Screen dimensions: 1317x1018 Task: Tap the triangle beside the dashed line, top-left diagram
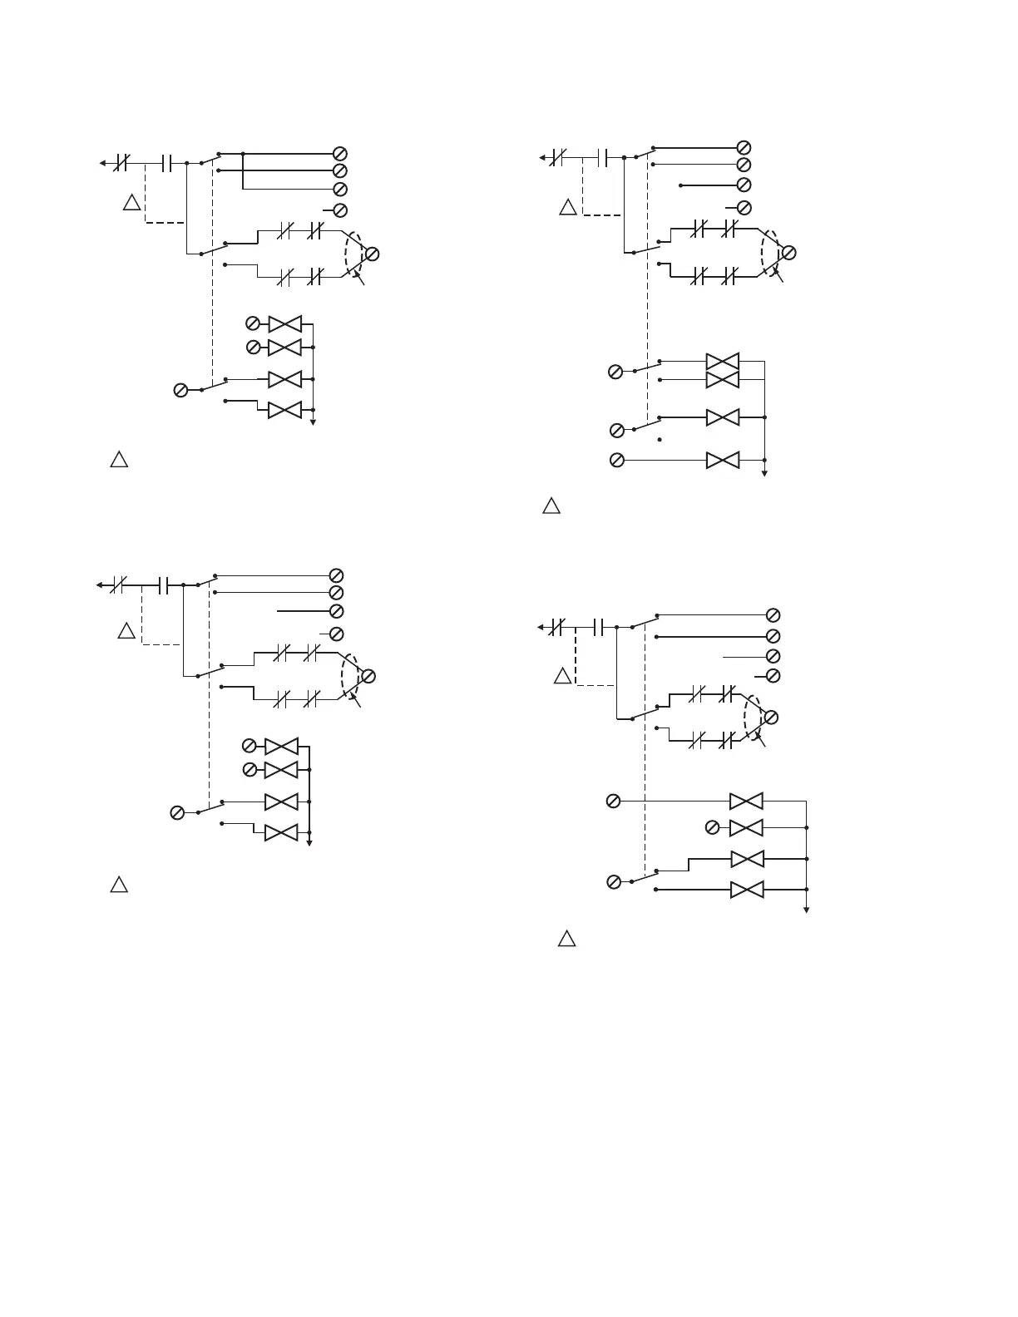point(131,202)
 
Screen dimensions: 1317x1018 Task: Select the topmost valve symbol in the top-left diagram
point(284,323)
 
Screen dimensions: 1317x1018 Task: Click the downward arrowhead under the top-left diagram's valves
point(314,422)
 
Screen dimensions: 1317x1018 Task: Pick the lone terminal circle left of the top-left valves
point(180,390)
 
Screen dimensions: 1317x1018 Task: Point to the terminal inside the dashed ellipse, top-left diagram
point(372,254)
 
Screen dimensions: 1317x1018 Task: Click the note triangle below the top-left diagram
point(119,460)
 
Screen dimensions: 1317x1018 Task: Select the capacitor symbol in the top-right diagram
point(603,156)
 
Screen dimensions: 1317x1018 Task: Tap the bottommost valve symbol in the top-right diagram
point(722,460)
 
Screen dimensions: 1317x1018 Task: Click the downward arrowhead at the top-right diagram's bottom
point(764,473)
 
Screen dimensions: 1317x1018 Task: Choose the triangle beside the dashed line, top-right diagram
point(568,208)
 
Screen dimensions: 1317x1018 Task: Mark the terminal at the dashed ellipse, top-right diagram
point(789,253)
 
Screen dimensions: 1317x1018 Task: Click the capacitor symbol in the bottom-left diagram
point(163,585)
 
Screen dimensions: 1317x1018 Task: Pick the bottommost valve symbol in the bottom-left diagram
point(281,832)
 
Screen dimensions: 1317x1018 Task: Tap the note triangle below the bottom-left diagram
point(119,885)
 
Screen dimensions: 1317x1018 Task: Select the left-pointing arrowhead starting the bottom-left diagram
point(99,585)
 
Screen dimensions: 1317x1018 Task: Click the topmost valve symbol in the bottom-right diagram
point(746,801)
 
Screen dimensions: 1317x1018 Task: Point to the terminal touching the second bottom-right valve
point(712,827)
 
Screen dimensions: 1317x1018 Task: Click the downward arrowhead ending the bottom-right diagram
point(807,910)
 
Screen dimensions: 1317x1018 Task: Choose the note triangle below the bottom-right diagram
point(566,940)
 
